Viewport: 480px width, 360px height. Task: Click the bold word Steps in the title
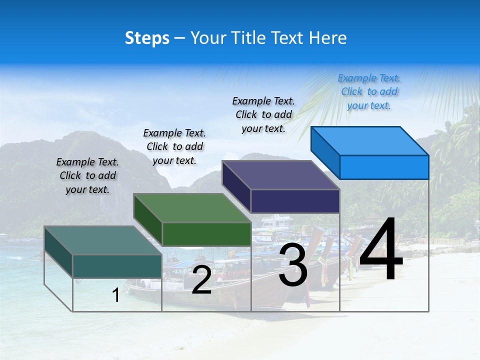[x=147, y=38]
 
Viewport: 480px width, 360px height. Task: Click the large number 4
[x=381, y=250]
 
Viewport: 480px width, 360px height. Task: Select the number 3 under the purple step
[x=293, y=265]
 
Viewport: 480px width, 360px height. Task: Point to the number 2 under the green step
[x=201, y=280]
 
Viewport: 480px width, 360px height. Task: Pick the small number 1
[x=115, y=295]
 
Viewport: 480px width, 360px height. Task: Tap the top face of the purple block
[x=280, y=175]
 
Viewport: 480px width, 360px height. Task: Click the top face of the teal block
[x=103, y=240]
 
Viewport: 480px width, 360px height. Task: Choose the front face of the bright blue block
[x=384, y=167]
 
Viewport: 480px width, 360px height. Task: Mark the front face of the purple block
[x=295, y=201]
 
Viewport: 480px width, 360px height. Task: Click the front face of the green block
[x=206, y=234]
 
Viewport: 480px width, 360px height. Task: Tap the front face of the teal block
[x=117, y=266]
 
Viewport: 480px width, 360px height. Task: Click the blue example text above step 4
[x=369, y=91]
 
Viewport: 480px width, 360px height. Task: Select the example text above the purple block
[x=263, y=114]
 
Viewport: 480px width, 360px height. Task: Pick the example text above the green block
[x=174, y=146]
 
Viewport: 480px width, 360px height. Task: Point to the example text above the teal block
[x=87, y=175]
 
